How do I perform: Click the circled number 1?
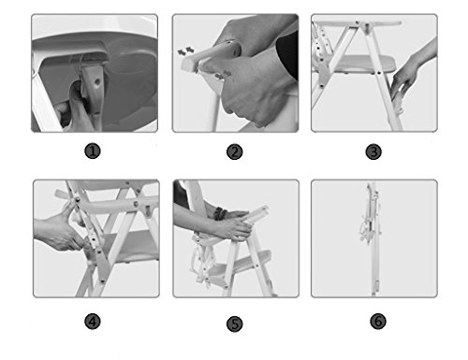pyautogui.click(x=93, y=151)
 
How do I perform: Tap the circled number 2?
pyautogui.click(x=235, y=152)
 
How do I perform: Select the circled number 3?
pyautogui.click(x=373, y=152)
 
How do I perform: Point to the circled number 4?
pyautogui.click(x=93, y=322)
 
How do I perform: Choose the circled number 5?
pyautogui.click(x=235, y=324)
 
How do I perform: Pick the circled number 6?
pyautogui.click(x=378, y=321)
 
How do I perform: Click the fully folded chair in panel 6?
pyautogui.click(x=372, y=238)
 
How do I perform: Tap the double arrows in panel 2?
pyautogui.click(x=186, y=50)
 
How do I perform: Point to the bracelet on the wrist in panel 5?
pyautogui.click(x=220, y=213)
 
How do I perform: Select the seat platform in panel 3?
pyautogui.click(x=362, y=65)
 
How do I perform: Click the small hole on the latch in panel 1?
pyautogui.click(x=97, y=82)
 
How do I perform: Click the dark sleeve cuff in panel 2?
pyautogui.click(x=288, y=54)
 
